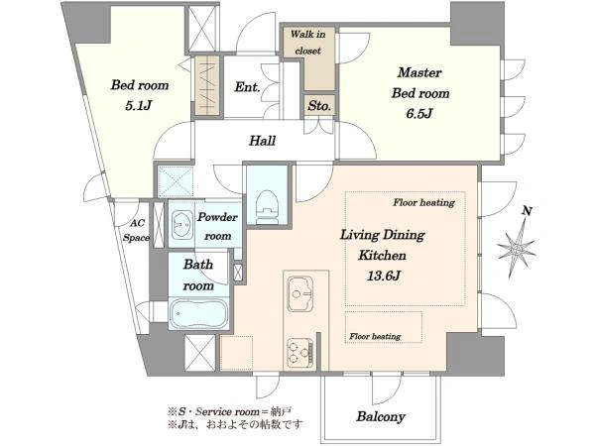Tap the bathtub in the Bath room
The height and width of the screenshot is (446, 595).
[x=198, y=313]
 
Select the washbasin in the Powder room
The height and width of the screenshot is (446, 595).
[x=181, y=225]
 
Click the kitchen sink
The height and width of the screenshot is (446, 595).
[x=300, y=293]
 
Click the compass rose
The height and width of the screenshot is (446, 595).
[x=517, y=249]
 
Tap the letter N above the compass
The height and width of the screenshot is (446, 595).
[x=527, y=211]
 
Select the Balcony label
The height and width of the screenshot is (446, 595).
[x=381, y=416]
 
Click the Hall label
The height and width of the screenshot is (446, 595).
[x=262, y=141]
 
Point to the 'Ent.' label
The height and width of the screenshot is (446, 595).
[x=247, y=87]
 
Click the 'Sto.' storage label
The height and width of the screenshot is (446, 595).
[x=319, y=106]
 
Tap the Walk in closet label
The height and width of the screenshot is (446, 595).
[x=307, y=42]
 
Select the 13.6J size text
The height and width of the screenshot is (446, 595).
[x=383, y=276]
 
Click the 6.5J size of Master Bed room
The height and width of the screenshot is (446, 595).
[x=418, y=113]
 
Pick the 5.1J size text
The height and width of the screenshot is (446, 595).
[x=139, y=105]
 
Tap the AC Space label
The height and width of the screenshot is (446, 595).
[x=136, y=230]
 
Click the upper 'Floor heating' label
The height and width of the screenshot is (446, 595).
[x=423, y=202]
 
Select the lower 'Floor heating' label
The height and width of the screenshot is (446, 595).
[x=375, y=336]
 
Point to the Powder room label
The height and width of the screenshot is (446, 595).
[x=217, y=226]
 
